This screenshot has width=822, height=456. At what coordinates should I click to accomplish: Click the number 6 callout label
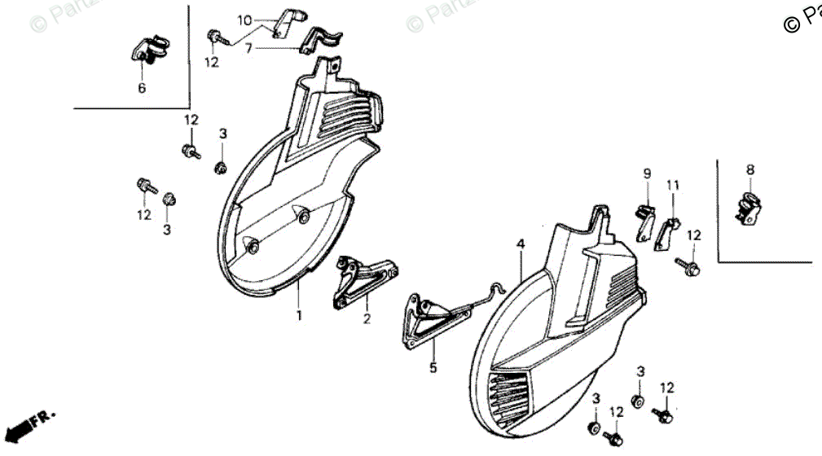(x=142, y=88)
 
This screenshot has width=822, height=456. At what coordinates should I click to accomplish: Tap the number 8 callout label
(x=750, y=169)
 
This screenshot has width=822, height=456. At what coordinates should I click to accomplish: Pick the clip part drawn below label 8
(x=750, y=209)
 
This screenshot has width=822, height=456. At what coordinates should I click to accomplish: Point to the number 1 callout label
(x=299, y=315)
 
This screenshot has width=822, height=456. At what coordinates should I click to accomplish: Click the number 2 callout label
(x=367, y=319)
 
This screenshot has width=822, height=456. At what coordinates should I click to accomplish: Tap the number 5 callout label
(x=433, y=368)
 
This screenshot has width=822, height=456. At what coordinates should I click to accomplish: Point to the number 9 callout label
(x=647, y=173)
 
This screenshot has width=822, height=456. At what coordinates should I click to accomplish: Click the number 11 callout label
(x=673, y=185)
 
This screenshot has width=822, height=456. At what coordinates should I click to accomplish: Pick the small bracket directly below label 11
(x=666, y=233)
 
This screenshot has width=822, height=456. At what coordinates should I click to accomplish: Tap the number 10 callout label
(x=245, y=20)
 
